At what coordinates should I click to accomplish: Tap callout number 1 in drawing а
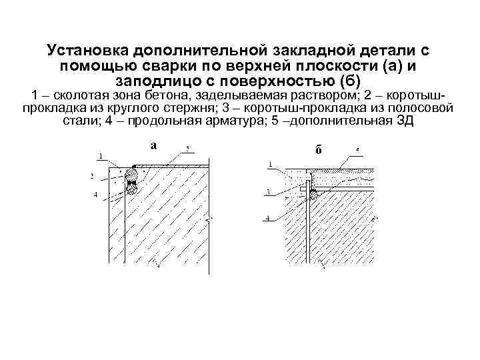click(99, 157)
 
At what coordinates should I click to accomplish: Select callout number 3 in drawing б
click(268, 192)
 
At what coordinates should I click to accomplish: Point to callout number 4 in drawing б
click(268, 217)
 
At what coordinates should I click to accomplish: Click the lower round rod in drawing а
click(133, 187)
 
